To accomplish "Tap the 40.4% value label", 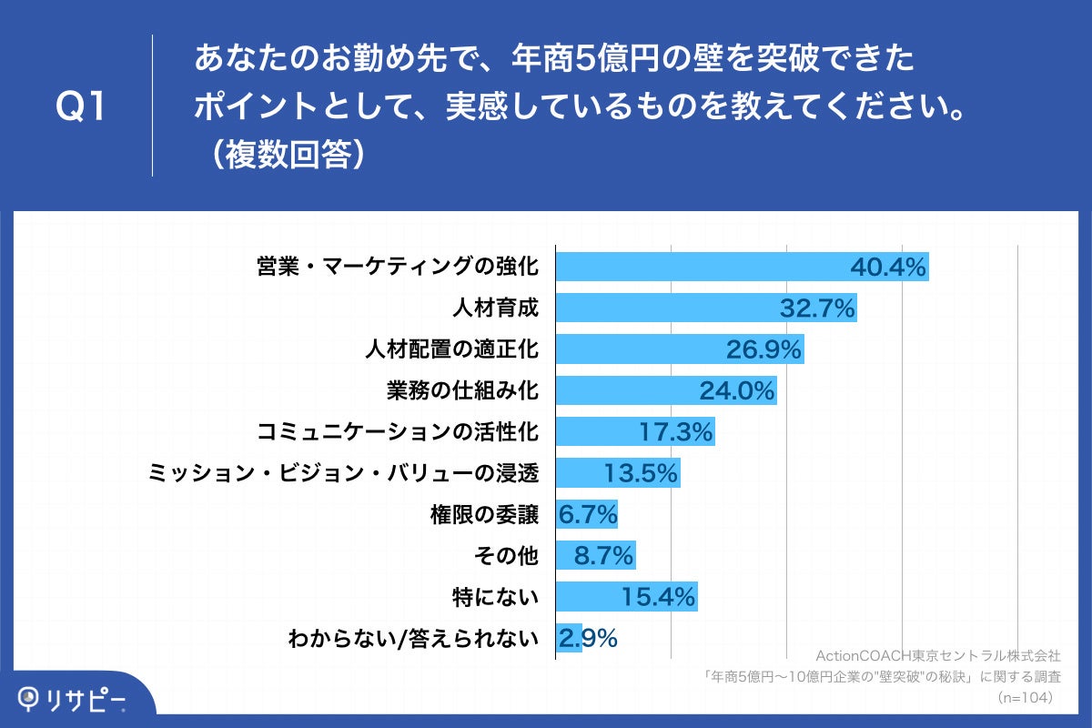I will point(887,267).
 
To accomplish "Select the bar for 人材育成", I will point(705,308).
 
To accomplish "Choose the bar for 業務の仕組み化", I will point(665,390).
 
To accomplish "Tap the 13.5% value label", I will point(641,473).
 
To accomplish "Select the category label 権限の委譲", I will point(484,515).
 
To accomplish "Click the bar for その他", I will point(595,556).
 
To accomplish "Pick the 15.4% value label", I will point(659,598).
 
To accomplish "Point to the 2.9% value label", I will point(588,639).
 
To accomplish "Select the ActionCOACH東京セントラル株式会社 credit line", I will point(937,655).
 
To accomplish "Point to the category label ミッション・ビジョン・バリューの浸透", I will point(343,473).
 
